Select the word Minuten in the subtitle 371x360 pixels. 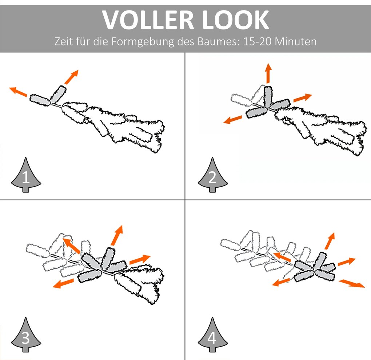[x=295, y=41]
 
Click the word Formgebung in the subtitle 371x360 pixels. [x=142, y=41]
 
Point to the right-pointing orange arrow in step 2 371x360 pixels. [x=303, y=97]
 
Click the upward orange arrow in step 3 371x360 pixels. [x=117, y=235]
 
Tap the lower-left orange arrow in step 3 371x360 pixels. [x=63, y=283]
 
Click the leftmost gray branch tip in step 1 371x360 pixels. [x=40, y=99]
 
